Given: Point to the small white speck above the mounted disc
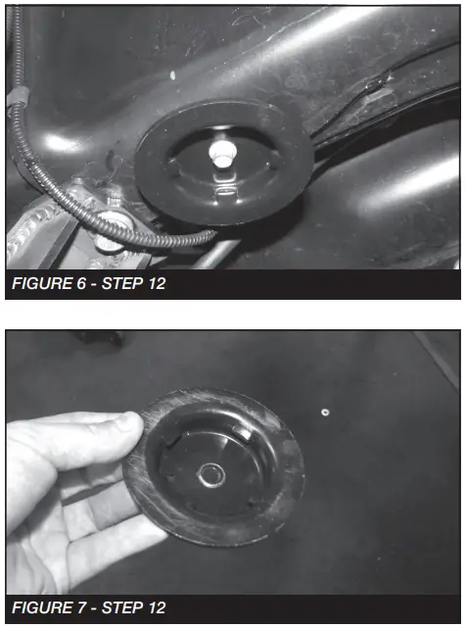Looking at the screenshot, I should [172, 75].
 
